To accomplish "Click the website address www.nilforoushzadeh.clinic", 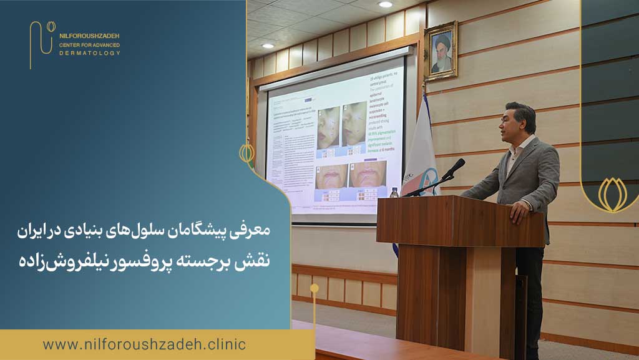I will [x=144, y=344].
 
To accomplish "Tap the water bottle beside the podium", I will [x=394, y=192].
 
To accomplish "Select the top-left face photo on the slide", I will [x=329, y=127].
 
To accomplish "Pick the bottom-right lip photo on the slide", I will [x=368, y=175].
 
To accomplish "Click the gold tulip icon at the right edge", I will [x=612, y=195].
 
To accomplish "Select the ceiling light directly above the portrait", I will [x=385, y=4].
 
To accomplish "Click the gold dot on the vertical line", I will [x=315, y=288].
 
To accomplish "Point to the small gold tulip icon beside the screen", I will [x=247, y=152].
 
